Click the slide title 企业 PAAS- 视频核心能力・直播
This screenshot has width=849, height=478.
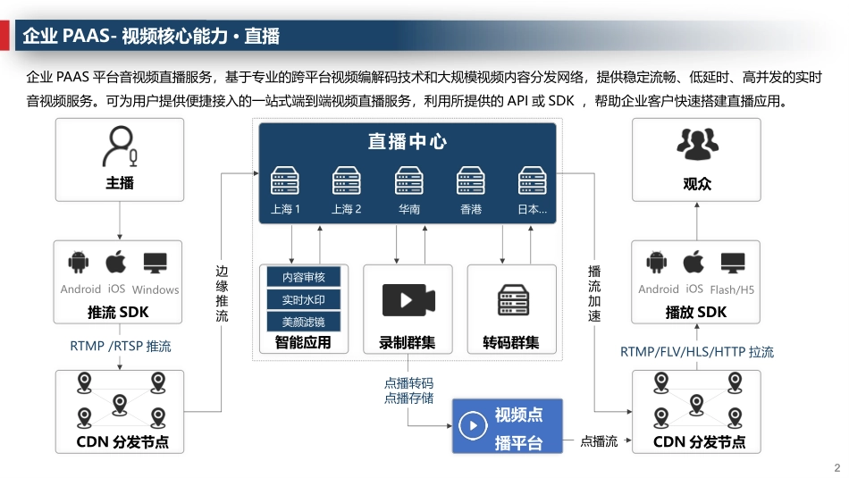coord(151,36)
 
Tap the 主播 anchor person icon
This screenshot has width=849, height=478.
coord(120,147)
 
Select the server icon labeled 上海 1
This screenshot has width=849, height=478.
coord(284,181)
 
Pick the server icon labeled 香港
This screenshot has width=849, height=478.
coord(471,181)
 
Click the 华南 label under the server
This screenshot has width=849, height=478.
coord(408,210)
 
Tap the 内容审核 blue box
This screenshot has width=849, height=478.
coord(304,278)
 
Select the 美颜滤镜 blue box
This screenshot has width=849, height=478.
coord(304,322)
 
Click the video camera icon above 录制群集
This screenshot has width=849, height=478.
coord(408,299)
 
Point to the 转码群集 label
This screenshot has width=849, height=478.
coord(511,342)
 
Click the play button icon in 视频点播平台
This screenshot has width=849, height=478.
coord(473,426)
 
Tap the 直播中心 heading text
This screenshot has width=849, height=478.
coord(408,141)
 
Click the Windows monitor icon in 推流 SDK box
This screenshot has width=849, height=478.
coord(156,264)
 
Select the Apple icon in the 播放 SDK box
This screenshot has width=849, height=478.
coord(693,264)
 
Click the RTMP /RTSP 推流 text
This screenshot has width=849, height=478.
coord(120,346)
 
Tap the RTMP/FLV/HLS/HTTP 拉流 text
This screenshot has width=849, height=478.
coord(697,352)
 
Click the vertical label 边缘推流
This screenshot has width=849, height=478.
coord(222,292)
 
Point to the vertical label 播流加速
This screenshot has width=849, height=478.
coord(594,292)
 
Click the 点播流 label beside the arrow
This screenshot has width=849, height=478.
coord(599,441)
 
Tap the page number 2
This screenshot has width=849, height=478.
coord(836,468)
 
